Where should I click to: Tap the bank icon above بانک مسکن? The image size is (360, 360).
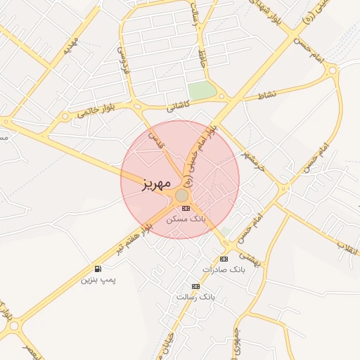tap(186, 208)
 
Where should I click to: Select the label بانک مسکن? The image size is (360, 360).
tap(186, 219)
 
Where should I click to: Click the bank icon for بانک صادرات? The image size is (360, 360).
tap(224, 259)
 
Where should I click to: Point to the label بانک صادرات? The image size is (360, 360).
tap(221, 270)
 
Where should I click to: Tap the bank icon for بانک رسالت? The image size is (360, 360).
tap(195, 286)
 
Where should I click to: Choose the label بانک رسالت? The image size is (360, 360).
tap(194, 297)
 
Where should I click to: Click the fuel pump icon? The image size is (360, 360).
tap(97, 269)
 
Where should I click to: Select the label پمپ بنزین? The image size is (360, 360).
tap(98, 280)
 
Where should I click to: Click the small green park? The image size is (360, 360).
tap(202, 91)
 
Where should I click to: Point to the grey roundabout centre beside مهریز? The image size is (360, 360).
tap(181, 195)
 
